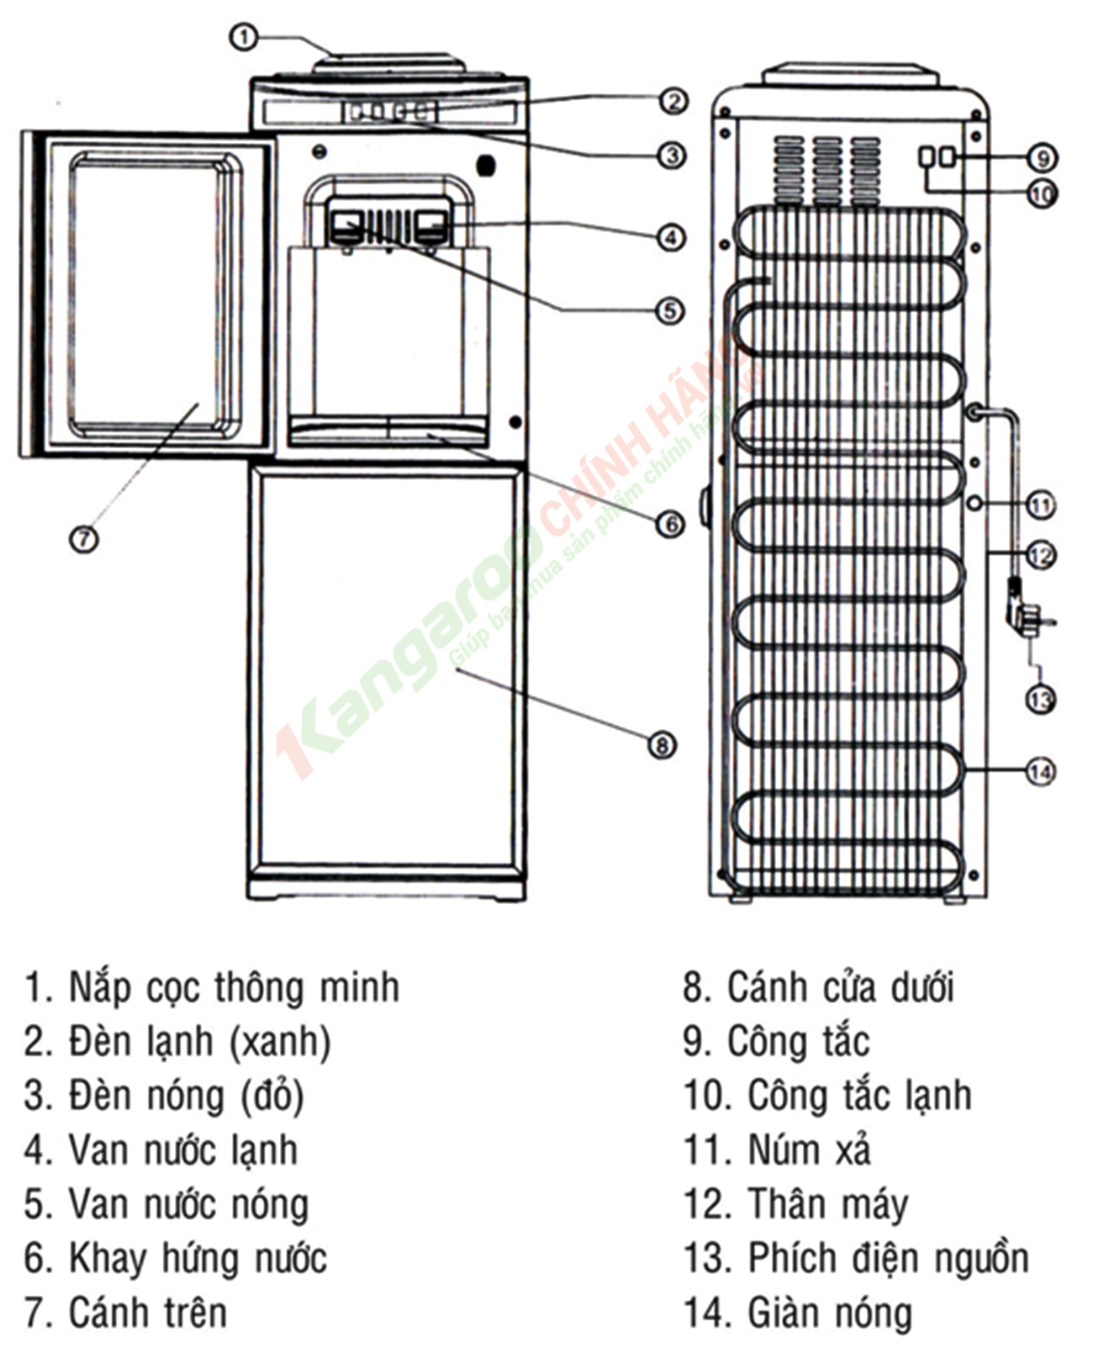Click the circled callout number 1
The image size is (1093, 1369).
click(244, 37)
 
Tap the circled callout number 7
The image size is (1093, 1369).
click(83, 538)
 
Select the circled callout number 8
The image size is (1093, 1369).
click(662, 744)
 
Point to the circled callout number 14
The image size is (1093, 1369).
click(1041, 770)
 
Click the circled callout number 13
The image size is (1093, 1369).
click(1041, 699)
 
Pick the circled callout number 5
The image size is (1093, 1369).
click(670, 310)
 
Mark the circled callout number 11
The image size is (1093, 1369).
click(1041, 505)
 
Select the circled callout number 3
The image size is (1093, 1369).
click(671, 155)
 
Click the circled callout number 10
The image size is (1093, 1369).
click(1041, 194)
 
